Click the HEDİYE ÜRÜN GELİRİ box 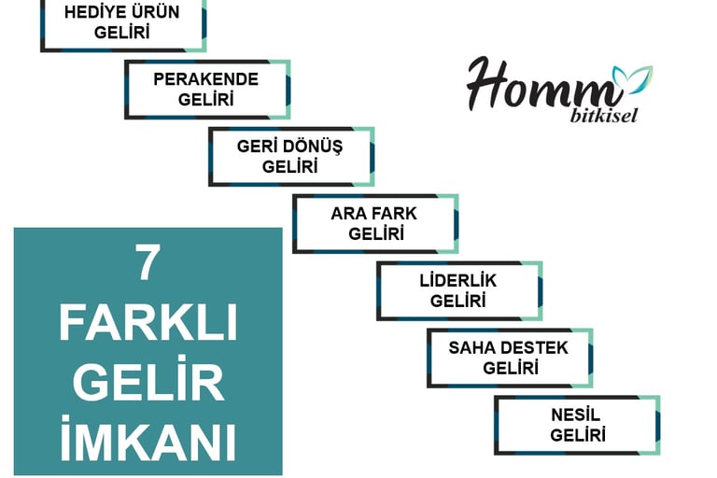[122, 23]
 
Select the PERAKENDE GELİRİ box [206, 89]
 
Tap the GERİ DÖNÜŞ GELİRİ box [290, 156]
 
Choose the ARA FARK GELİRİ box [374, 223]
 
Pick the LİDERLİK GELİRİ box [458, 290]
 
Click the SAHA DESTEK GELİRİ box [509, 358]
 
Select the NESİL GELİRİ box [576, 425]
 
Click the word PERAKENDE [206, 78]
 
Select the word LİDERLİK [458, 280]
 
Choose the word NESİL [576, 415]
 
